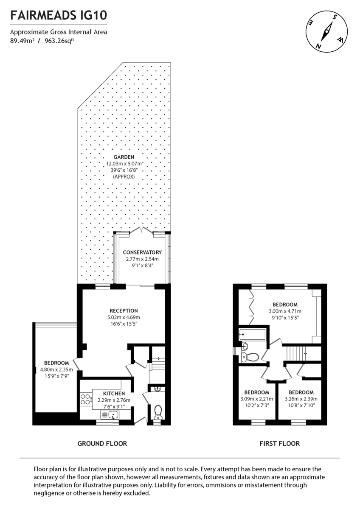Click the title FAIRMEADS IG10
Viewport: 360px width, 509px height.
point(59,16)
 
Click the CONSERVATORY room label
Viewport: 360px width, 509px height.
point(142,252)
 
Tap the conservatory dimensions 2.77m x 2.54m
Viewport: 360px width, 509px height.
point(142,259)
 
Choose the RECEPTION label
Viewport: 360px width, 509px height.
point(123,310)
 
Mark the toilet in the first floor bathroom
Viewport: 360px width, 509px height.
point(250,357)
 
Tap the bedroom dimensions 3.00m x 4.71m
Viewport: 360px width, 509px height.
point(285,311)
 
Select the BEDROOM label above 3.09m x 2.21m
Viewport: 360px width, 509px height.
point(256,392)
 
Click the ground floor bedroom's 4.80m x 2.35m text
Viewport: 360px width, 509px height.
point(56,369)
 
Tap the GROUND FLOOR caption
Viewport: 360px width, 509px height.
point(102,444)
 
